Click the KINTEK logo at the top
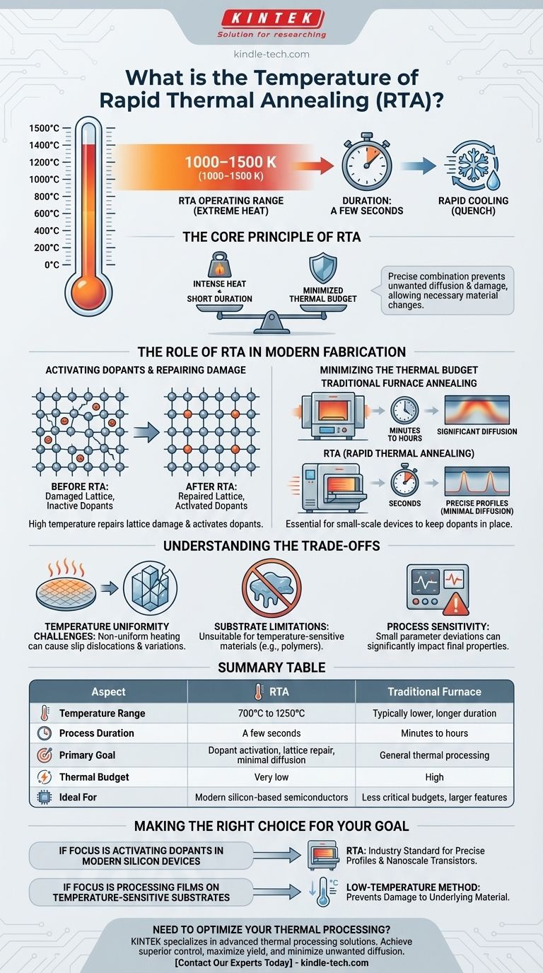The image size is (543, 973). pos(271,20)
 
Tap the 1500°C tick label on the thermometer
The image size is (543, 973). pos(45,129)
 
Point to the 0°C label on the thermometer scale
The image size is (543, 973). pos(51,264)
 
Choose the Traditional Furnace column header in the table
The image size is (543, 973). pos(434,692)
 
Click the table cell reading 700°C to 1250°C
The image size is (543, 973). pos(271,713)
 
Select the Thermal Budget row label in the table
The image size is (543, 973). pos(93,777)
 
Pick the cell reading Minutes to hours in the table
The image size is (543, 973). pos(434,733)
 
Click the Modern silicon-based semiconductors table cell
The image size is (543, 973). pos(271,797)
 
